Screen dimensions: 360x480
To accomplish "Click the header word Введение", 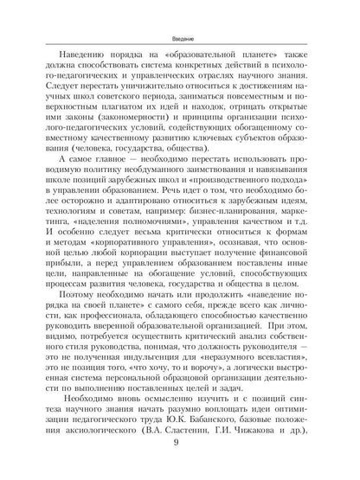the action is pyautogui.click(x=180, y=16).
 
